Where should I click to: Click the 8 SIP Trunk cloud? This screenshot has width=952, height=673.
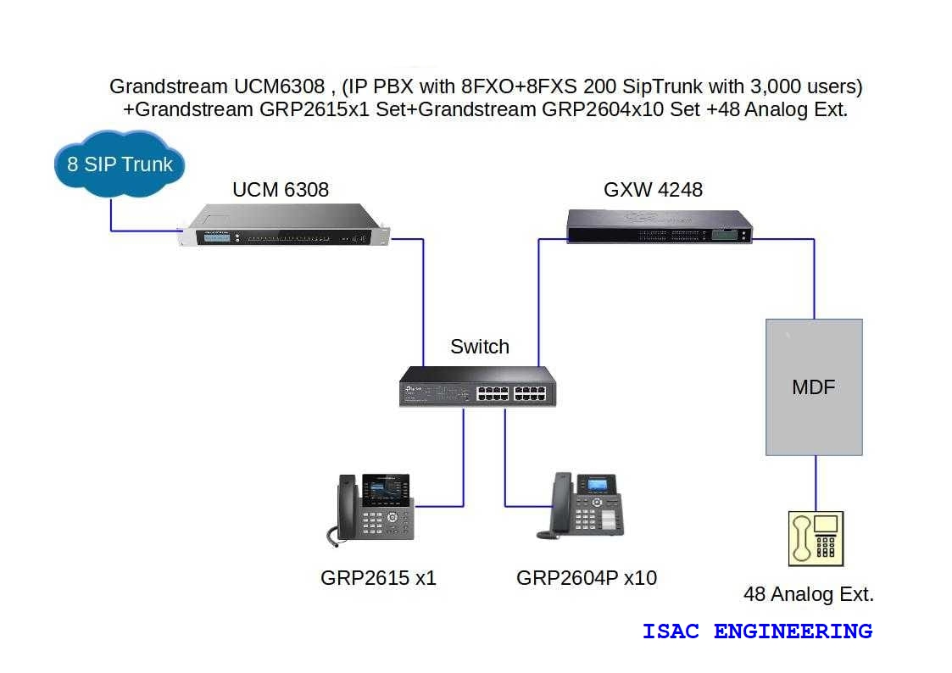coord(120,164)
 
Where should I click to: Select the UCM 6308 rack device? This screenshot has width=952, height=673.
coord(283,227)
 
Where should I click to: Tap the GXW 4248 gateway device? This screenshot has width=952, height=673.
coord(659,225)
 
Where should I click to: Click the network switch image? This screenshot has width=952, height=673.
coord(477,386)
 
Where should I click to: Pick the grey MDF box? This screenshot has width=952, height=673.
coord(814,387)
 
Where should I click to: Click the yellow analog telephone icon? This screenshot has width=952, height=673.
coord(816,538)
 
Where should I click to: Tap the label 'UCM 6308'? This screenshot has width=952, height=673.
coord(281,190)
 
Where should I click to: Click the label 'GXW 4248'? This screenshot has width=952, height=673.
coord(653,190)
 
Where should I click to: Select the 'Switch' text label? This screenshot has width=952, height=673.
coord(480,347)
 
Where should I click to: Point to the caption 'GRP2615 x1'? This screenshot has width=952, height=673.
coord(378,578)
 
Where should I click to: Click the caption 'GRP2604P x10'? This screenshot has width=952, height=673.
coord(587,578)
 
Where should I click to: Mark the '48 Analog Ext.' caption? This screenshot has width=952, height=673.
coord(808,594)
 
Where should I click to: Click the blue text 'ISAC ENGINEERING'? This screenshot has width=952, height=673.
coord(757,631)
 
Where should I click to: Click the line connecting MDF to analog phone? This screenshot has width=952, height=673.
coord(816,483)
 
